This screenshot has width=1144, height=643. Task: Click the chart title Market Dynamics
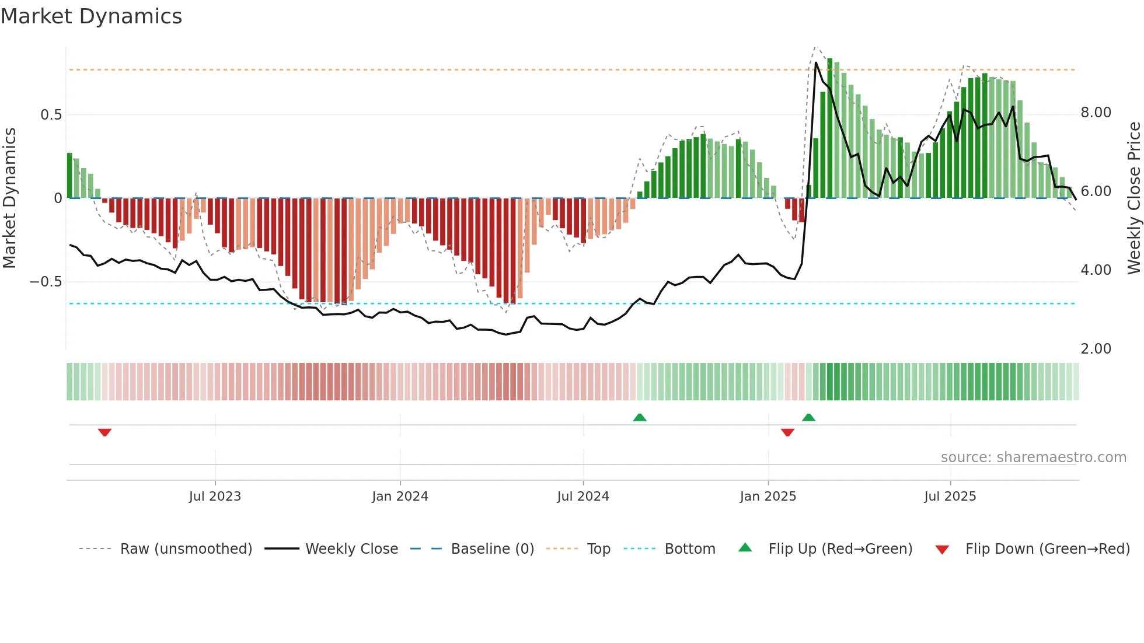(x=91, y=16)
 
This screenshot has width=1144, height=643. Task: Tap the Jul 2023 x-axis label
(x=215, y=497)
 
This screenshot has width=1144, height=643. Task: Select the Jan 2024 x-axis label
(x=400, y=497)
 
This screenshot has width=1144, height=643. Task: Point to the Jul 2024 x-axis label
(x=583, y=497)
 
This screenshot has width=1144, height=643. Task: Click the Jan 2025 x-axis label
(x=768, y=497)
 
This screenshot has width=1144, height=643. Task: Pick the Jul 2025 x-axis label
(x=950, y=497)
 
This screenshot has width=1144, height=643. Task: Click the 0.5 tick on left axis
(x=51, y=115)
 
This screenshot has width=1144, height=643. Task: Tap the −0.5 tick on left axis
(x=46, y=282)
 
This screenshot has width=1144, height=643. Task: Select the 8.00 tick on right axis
(x=1096, y=113)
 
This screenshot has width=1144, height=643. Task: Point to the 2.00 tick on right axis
(x=1096, y=349)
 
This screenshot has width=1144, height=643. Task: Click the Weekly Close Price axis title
(x=1133, y=198)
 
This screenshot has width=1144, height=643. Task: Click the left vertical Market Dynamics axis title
(x=9, y=198)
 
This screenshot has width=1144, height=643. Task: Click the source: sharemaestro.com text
(x=1033, y=457)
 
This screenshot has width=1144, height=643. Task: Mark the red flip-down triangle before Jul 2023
(x=104, y=432)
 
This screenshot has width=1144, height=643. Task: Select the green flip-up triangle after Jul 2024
(x=640, y=417)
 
